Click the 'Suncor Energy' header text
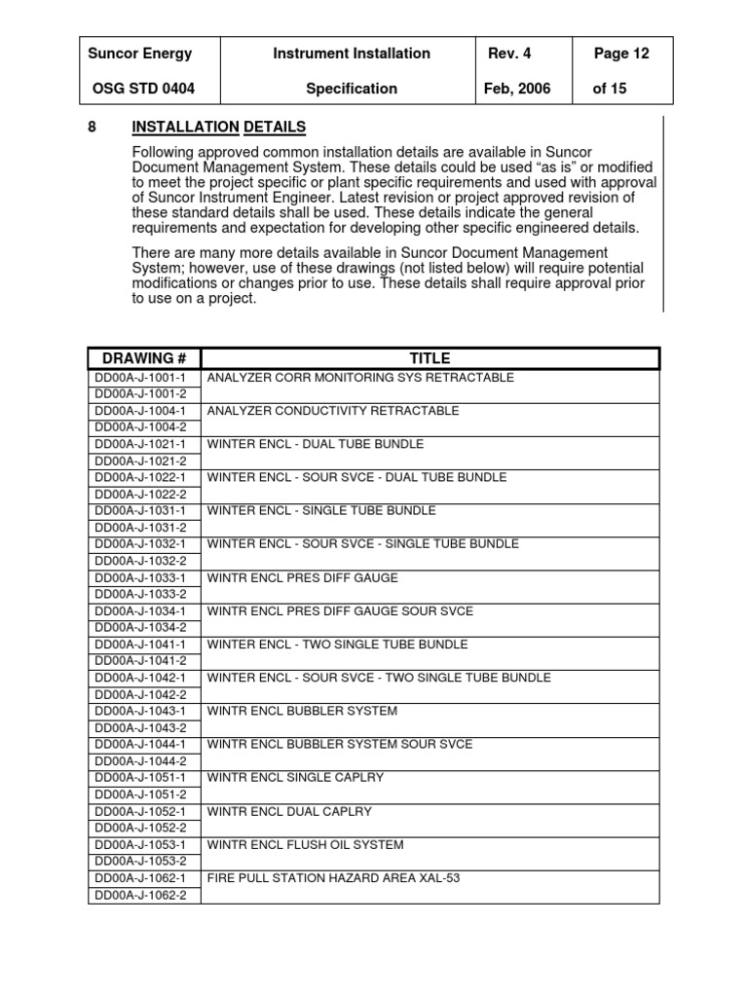[x=140, y=54]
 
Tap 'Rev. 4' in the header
[x=509, y=54]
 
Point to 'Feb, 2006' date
[x=517, y=89]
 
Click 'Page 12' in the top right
[x=620, y=54]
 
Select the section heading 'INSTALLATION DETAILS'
[x=219, y=128]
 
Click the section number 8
[x=93, y=128]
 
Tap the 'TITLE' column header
[x=430, y=358]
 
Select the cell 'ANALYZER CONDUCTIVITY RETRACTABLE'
[x=333, y=411]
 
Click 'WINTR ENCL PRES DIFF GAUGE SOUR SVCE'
[x=340, y=611]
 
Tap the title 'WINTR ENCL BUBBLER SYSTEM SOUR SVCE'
[x=340, y=744]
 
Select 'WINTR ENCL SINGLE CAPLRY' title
[x=295, y=778]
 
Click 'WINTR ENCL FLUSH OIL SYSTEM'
[x=305, y=844]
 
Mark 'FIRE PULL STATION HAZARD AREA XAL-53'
[x=333, y=878]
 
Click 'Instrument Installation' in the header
[x=352, y=54]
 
